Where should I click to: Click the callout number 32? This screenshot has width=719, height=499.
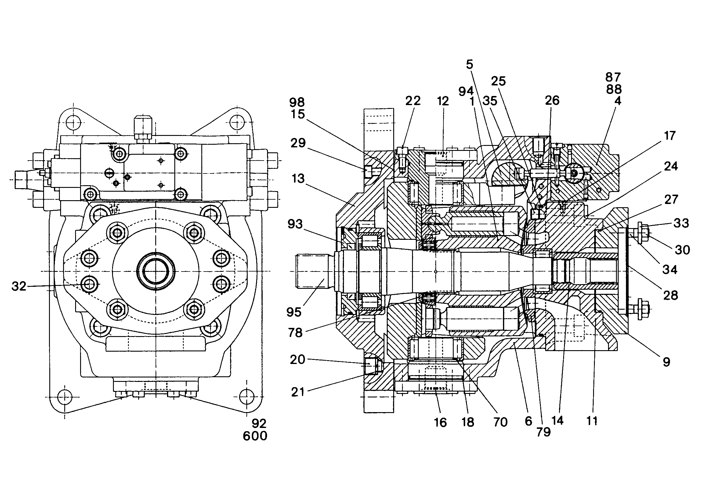click(x=19, y=286)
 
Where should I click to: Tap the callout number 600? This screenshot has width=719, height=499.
click(x=255, y=436)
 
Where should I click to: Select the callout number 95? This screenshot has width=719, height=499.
click(x=294, y=312)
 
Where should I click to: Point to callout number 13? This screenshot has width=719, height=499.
click(x=298, y=178)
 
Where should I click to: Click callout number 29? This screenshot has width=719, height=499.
click(x=298, y=143)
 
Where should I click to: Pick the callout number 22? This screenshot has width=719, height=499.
click(x=413, y=101)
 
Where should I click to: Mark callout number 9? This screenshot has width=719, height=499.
click(x=666, y=362)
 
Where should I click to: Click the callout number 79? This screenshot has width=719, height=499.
click(x=543, y=432)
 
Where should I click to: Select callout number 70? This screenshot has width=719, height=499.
click(x=500, y=422)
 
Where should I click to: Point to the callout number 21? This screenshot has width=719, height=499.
click(x=298, y=392)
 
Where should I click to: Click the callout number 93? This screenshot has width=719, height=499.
click(x=295, y=224)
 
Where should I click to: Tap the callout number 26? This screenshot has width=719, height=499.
click(x=552, y=100)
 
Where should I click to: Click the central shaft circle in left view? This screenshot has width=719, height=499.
click(x=156, y=271)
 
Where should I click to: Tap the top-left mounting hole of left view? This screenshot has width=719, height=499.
click(x=73, y=122)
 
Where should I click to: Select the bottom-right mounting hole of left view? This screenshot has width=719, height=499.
click(x=247, y=397)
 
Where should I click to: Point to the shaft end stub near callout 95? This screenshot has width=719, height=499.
click(x=312, y=271)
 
